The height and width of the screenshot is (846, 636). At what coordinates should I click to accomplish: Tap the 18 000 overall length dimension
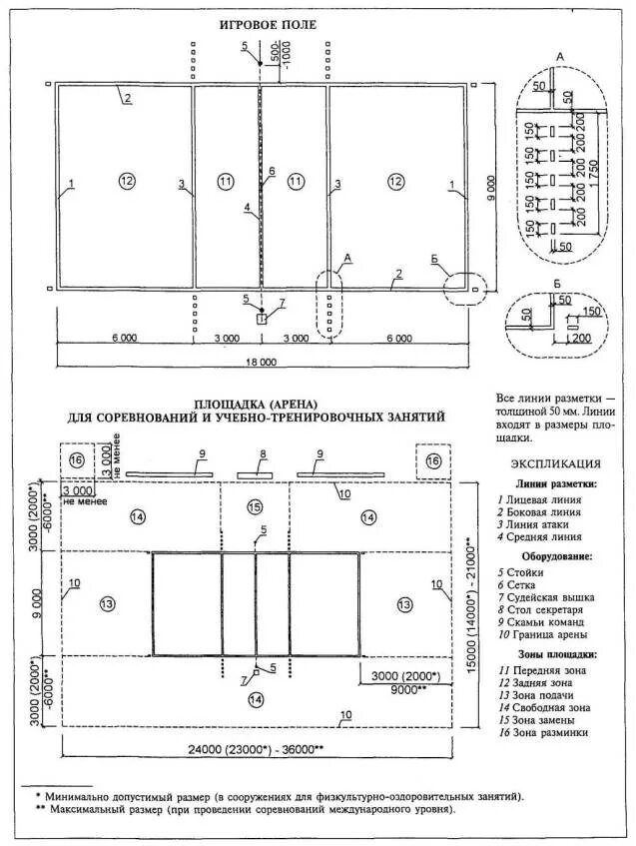(262, 362)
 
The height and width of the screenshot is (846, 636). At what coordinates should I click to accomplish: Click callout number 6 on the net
(270, 172)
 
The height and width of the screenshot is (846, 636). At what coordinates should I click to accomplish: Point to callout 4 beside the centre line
(246, 208)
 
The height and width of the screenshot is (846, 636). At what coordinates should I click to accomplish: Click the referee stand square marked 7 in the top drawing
(262, 320)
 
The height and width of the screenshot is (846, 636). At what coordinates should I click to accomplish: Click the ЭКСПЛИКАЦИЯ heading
(555, 463)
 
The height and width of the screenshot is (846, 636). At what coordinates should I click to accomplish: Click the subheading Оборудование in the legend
(556, 555)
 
